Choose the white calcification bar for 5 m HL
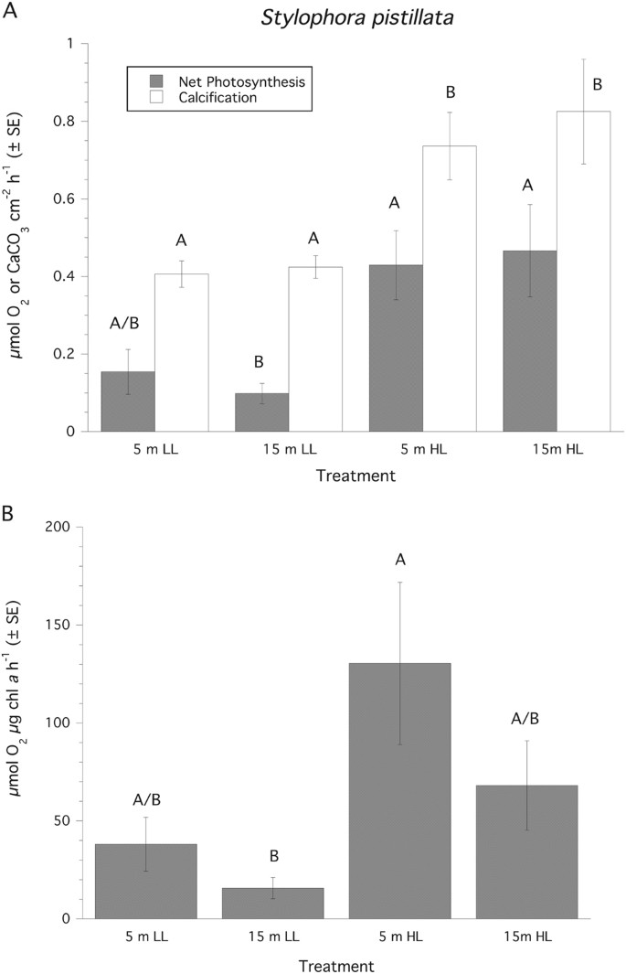click(449, 288)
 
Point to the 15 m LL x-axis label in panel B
click(272, 937)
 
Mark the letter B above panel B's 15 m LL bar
click(272, 857)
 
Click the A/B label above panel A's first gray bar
click(127, 322)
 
